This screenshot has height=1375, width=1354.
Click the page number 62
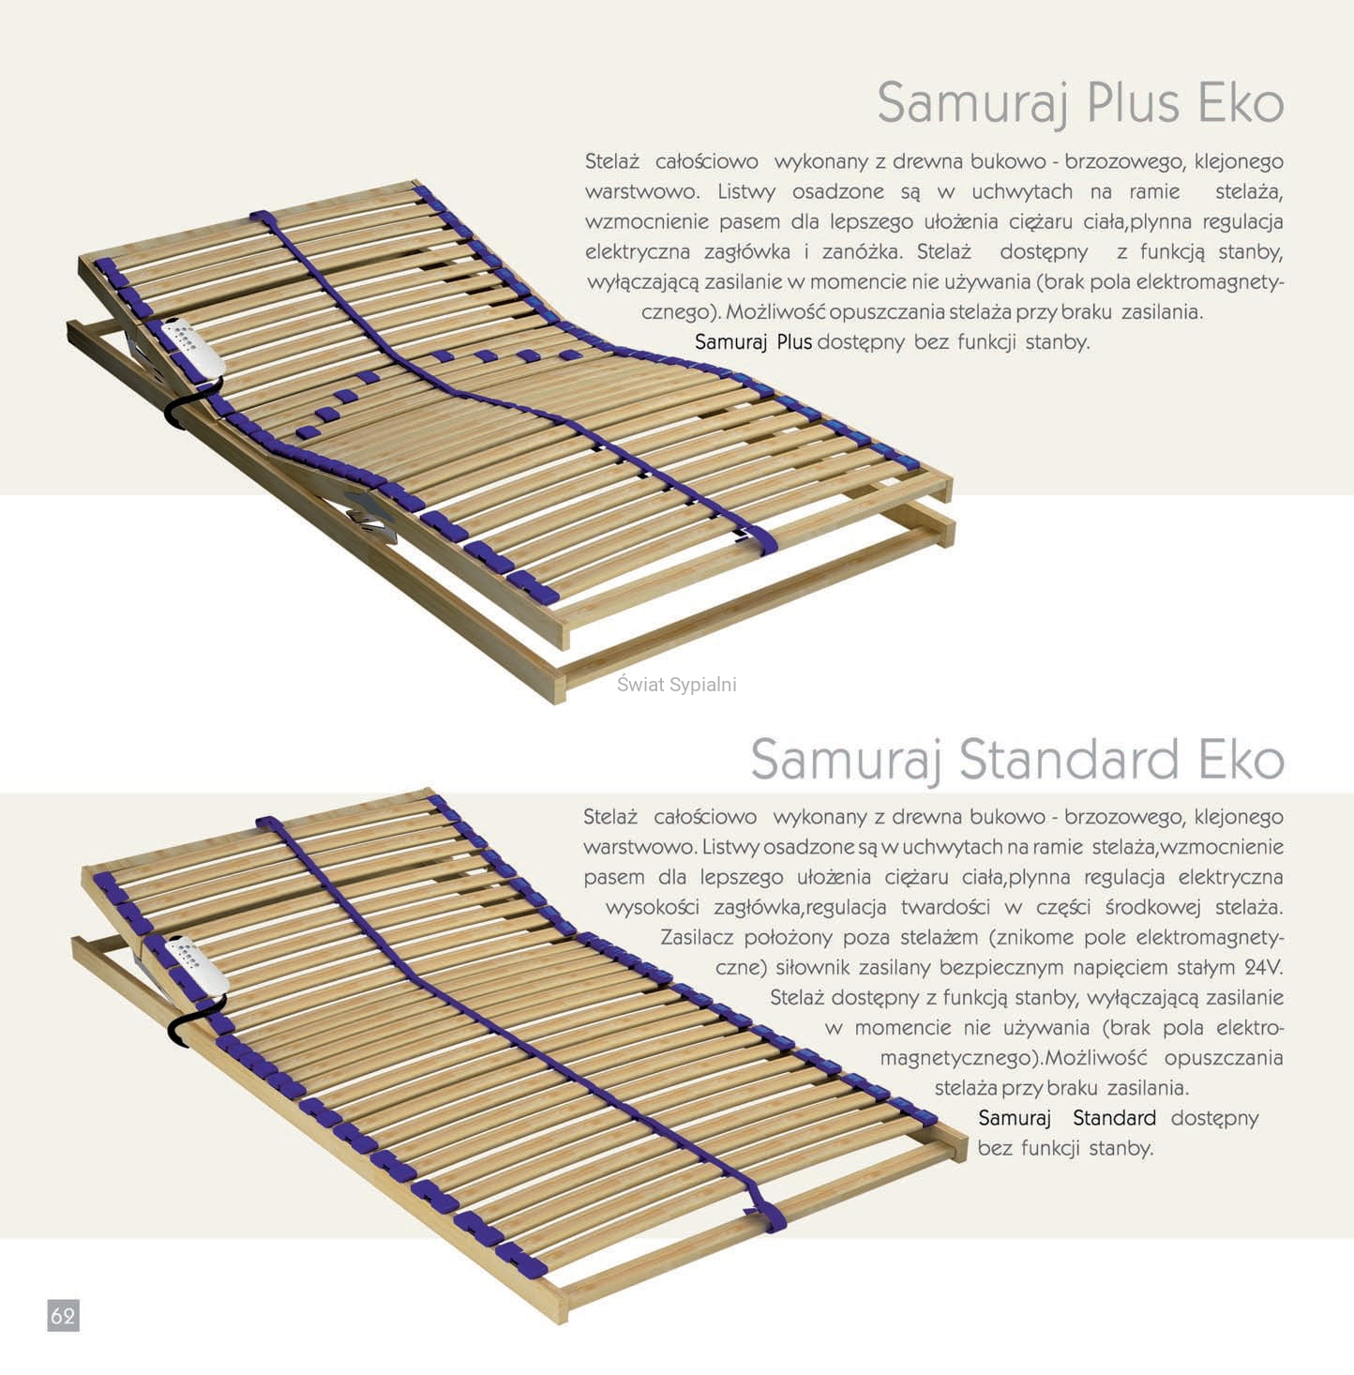tap(63, 1315)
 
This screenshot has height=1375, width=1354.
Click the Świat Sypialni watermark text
tap(676, 685)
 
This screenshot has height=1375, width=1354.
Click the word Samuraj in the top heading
tap(972, 103)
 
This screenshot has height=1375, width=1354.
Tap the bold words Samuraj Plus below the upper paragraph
tap(753, 341)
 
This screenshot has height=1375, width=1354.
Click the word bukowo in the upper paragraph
tap(1007, 161)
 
